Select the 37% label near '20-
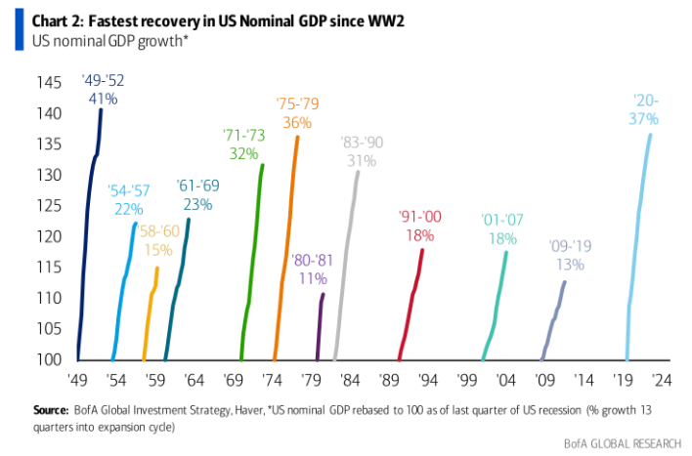[644, 118]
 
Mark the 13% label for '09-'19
[570, 265]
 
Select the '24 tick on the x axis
[663, 381]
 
